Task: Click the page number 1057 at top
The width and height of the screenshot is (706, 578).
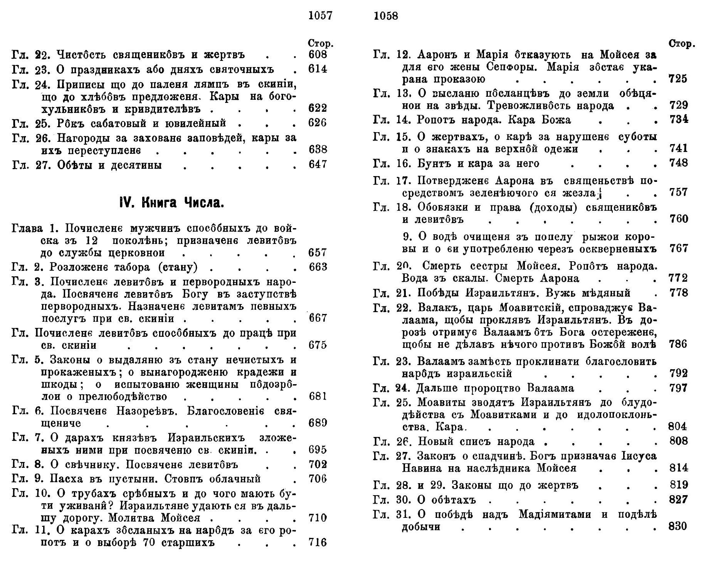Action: tap(320, 16)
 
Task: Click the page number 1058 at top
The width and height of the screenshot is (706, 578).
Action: tap(386, 16)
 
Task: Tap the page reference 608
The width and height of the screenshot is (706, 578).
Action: tap(318, 55)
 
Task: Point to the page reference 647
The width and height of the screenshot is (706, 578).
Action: tap(318, 165)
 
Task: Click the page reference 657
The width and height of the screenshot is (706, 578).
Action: tap(318, 253)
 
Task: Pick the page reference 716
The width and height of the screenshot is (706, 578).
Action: tap(318, 543)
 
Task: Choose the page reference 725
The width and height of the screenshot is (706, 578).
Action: tap(678, 79)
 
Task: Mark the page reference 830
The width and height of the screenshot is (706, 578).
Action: tap(678, 526)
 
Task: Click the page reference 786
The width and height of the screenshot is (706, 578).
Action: tap(678, 344)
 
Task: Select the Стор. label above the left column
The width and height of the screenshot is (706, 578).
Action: tap(321, 43)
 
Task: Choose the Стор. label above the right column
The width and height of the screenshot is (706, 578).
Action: tap(682, 44)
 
